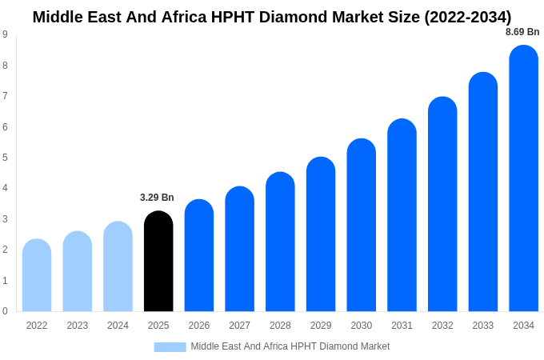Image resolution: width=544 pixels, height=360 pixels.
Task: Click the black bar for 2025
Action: coord(158,262)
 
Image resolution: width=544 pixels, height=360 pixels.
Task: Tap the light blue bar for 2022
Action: coord(37,275)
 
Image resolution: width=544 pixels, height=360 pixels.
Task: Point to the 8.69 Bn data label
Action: coord(522,32)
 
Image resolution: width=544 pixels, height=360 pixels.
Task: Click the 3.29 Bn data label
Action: coord(157,198)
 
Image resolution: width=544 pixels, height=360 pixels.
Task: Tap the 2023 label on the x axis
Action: coord(78,326)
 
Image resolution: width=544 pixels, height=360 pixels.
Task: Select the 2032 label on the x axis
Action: coord(442,326)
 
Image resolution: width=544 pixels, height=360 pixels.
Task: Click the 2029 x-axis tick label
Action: coord(321,326)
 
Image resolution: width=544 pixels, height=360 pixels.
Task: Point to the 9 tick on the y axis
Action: coord(5,34)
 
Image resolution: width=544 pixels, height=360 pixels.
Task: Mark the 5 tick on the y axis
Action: coord(5,158)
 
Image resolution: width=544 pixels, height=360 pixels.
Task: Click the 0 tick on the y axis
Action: coord(5,311)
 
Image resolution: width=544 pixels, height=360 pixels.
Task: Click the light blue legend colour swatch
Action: coord(170,346)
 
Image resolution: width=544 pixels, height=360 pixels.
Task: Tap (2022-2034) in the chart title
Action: coord(461,17)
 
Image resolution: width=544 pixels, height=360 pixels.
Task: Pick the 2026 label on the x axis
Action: coord(199,326)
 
